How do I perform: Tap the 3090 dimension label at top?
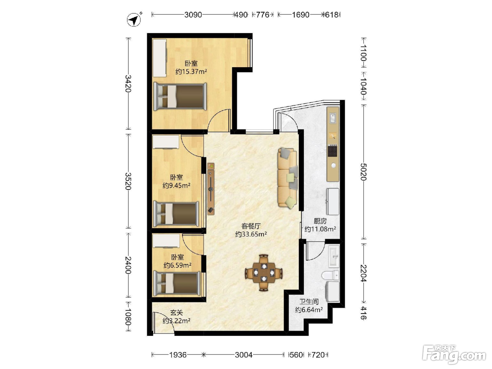click(x=193, y=15)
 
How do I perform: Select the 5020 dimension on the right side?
click(x=363, y=172)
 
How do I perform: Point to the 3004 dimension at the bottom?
click(x=244, y=355)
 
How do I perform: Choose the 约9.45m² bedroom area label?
click(x=177, y=186)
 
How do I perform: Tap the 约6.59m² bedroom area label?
click(x=177, y=265)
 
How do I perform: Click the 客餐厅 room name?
click(x=251, y=226)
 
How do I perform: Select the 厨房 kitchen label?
click(x=320, y=221)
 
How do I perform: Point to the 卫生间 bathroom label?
click(x=309, y=302)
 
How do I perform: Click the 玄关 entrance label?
click(x=176, y=312)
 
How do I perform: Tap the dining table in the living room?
click(x=264, y=273)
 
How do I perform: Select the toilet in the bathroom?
click(x=330, y=276)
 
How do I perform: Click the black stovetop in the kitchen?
click(x=333, y=151)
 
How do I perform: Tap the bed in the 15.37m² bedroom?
click(x=180, y=97)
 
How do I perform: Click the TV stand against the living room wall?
click(x=211, y=189)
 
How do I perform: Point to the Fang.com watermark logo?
click(x=454, y=355)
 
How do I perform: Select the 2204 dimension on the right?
click(x=363, y=273)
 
